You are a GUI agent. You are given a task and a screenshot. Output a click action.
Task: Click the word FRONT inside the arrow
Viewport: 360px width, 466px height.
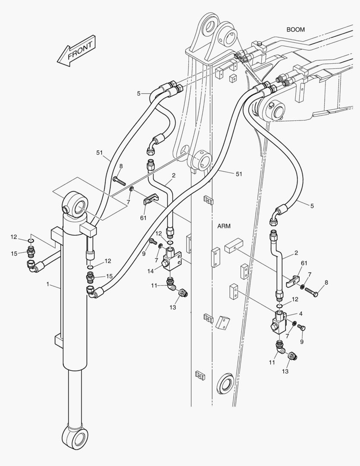(x=80, y=50)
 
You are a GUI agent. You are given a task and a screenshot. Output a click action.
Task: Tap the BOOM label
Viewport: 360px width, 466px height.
(x=295, y=30)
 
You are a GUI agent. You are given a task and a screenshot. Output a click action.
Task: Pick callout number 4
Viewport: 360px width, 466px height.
(x=301, y=314)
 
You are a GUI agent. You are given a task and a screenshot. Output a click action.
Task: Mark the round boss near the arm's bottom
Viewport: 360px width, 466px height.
(x=226, y=382)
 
